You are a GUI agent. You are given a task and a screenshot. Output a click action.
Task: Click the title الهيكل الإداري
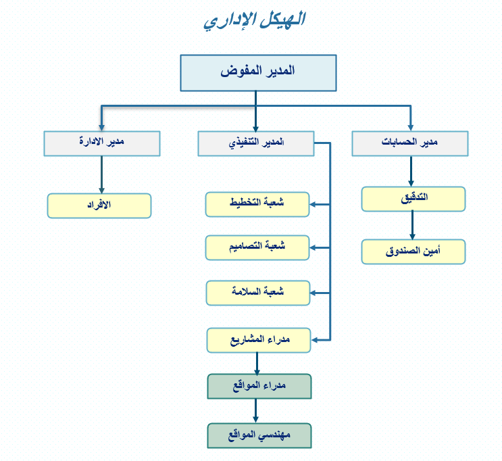tap(255, 20)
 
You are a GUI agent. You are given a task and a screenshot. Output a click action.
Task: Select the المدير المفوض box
tap(258, 73)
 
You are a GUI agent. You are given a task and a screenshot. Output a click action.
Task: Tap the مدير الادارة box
tap(102, 143)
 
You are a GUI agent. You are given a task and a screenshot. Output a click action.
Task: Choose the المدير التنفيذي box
tap(256, 143)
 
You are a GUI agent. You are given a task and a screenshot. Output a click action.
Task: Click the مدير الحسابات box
tap(410, 143)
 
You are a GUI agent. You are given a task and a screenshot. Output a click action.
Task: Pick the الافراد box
tap(99, 205)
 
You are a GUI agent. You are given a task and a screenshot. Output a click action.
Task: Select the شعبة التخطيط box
tap(257, 204)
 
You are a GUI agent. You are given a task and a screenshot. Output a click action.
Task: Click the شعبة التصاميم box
tap(257, 247)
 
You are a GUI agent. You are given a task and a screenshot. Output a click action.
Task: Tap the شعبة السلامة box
tap(257, 293)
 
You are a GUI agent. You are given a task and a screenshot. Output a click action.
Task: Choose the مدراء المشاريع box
tap(258, 340)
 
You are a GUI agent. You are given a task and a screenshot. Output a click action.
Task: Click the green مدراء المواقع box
tap(259, 386)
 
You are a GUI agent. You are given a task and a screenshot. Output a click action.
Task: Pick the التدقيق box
tap(413, 199)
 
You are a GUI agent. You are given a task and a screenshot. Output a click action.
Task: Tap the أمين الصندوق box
tap(413, 251)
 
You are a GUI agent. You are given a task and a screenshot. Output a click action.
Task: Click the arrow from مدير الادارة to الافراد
tap(101, 175)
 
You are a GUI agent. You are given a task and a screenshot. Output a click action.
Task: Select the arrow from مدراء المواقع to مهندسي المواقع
tap(256, 411)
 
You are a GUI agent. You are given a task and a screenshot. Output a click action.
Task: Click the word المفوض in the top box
tap(239, 71)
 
